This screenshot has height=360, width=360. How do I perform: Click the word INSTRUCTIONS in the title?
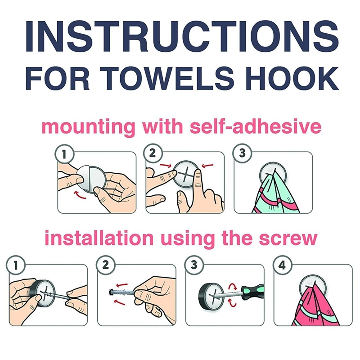(182, 37)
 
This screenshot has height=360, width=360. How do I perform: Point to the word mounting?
(88, 127)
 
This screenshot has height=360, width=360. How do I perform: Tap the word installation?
(99, 238)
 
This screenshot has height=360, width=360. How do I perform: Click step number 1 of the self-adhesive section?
(64, 154)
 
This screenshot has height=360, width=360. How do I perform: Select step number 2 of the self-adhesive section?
(153, 153)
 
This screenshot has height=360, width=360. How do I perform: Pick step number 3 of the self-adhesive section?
(242, 153)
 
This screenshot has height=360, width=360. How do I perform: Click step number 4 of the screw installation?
(282, 265)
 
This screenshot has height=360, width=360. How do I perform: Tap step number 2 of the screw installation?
(106, 265)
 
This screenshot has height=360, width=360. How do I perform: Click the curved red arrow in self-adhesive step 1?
(80, 195)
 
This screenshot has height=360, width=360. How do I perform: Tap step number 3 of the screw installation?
(194, 265)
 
